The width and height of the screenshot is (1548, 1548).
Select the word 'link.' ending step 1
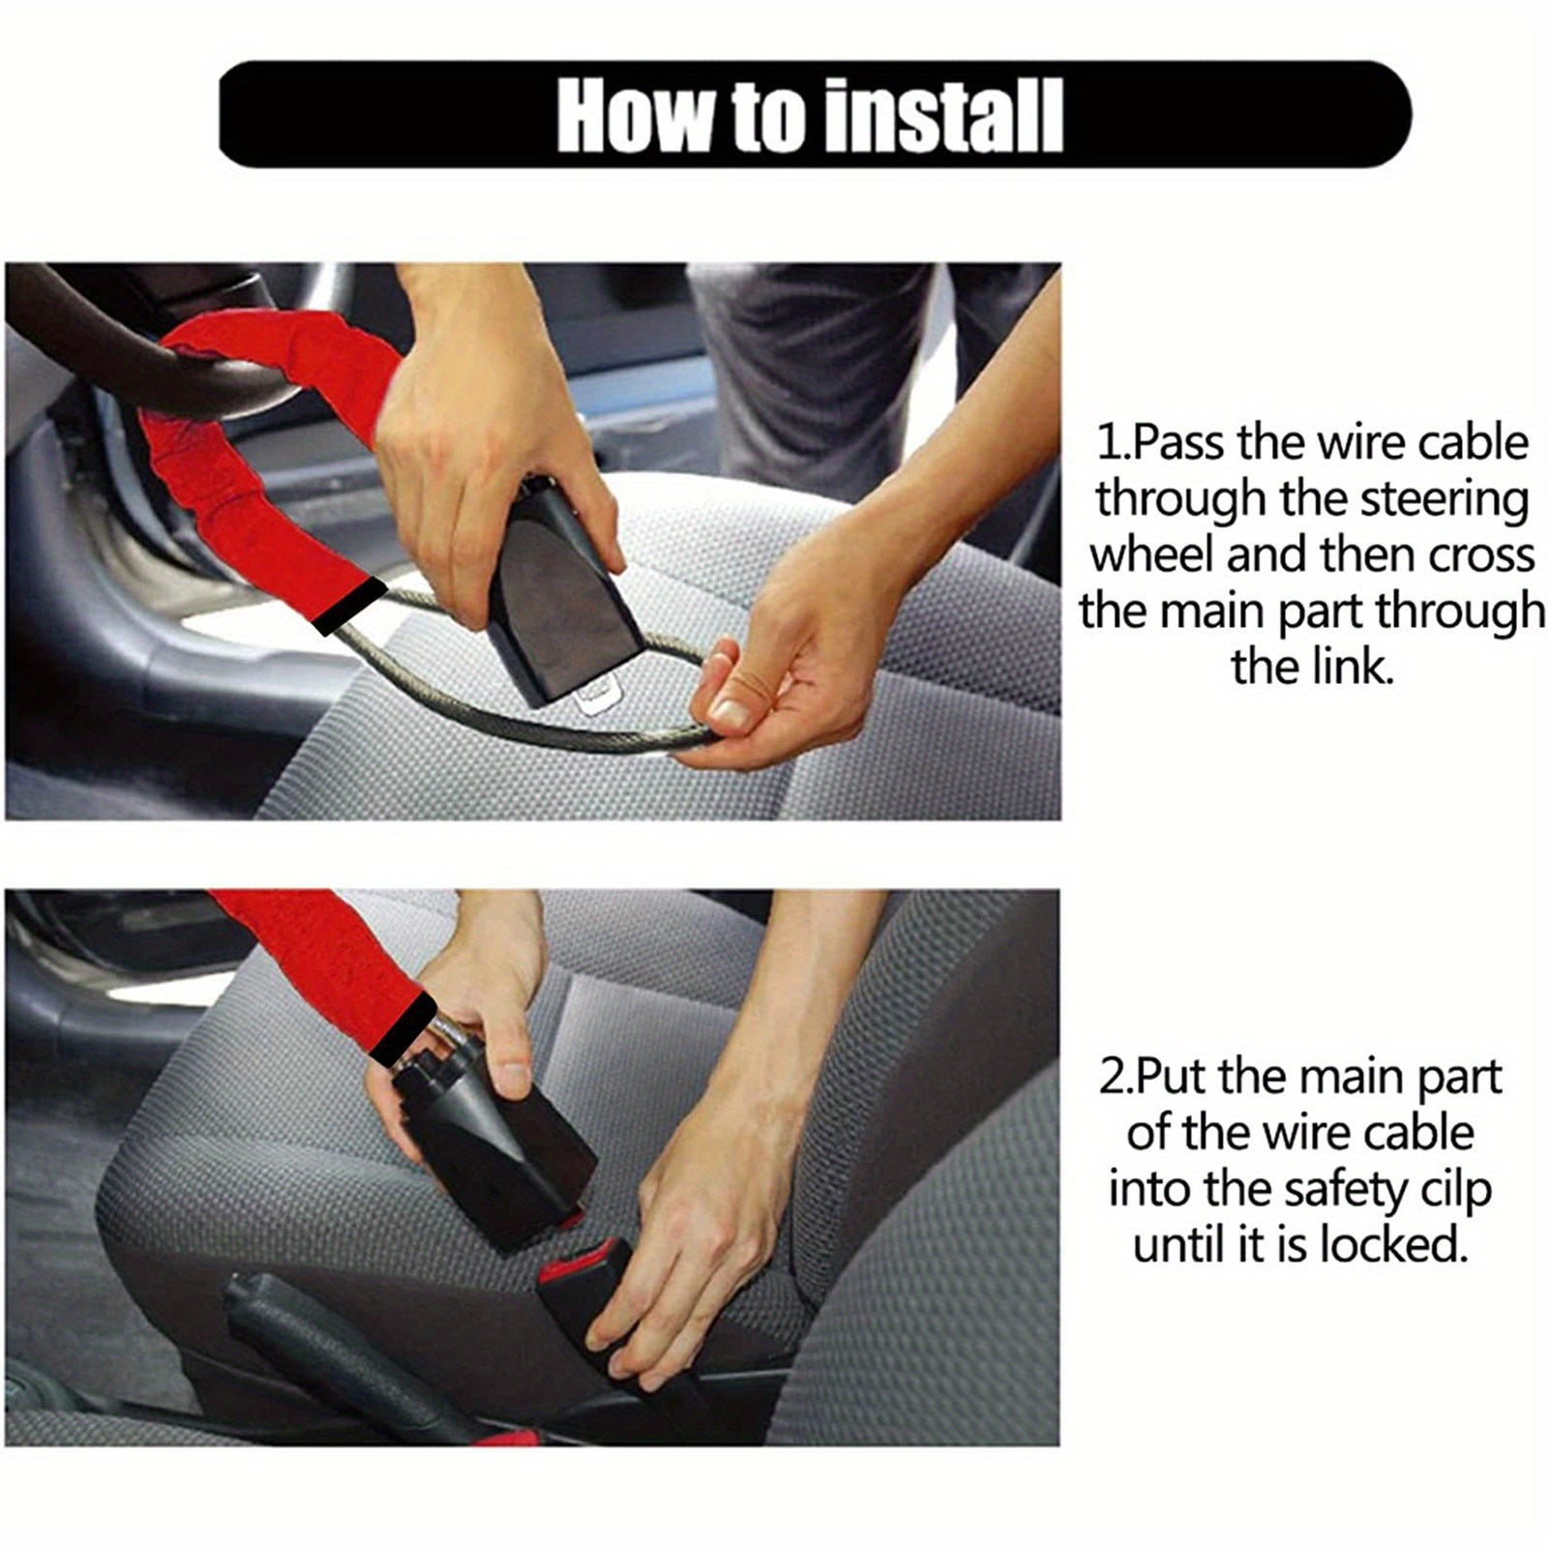tap(1312, 668)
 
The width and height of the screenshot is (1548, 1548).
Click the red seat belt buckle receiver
tap(580, 1267)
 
